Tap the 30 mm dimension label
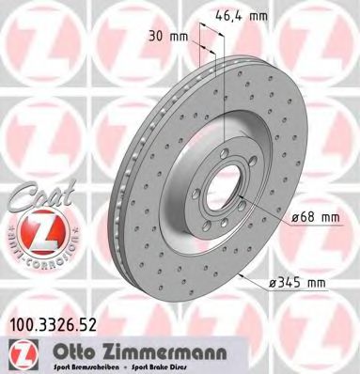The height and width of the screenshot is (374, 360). point(172,39)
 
